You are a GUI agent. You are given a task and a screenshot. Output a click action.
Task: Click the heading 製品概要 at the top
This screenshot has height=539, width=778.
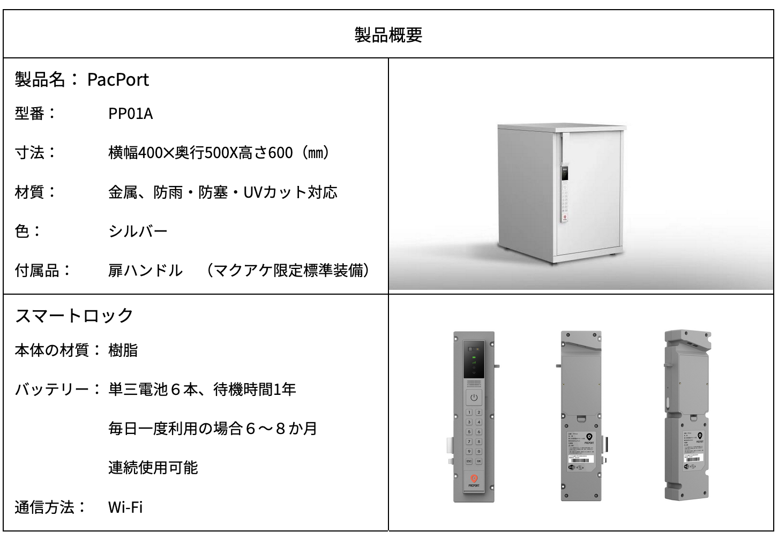(388, 34)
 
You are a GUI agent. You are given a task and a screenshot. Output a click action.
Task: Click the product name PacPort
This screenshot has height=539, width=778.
(118, 80)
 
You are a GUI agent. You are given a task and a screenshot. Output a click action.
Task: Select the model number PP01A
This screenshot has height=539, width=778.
(130, 114)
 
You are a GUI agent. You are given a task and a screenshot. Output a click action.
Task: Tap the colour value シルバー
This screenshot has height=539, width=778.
(138, 231)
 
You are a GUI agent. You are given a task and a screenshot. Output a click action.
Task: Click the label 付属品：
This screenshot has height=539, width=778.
(43, 270)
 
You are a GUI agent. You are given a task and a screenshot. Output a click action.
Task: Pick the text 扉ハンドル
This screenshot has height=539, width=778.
(145, 270)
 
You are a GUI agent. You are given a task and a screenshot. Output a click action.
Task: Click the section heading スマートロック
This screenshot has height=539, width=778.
(74, 315)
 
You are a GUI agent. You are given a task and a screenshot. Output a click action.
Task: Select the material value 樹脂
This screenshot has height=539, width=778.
(123, 350)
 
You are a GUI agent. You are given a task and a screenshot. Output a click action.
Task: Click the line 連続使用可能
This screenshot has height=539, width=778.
(153, 467)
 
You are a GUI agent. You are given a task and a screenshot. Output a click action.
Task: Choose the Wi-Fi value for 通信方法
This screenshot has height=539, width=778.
(125, 507)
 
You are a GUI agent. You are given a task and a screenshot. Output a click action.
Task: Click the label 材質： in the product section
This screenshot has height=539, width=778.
(35, 192)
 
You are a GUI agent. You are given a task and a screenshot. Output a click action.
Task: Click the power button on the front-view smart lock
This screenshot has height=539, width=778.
(474, 398)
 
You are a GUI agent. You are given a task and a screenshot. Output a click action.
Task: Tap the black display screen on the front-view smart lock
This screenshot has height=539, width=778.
(473, 360)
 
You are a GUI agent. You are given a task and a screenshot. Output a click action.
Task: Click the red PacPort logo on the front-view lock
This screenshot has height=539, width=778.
(474, 478)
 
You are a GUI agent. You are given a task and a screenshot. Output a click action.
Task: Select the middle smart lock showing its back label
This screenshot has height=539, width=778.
(581, 416)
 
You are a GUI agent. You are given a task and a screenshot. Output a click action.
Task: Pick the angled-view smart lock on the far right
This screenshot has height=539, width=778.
(687, 416)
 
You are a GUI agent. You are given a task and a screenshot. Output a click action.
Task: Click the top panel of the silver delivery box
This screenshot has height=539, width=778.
(562, 127)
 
